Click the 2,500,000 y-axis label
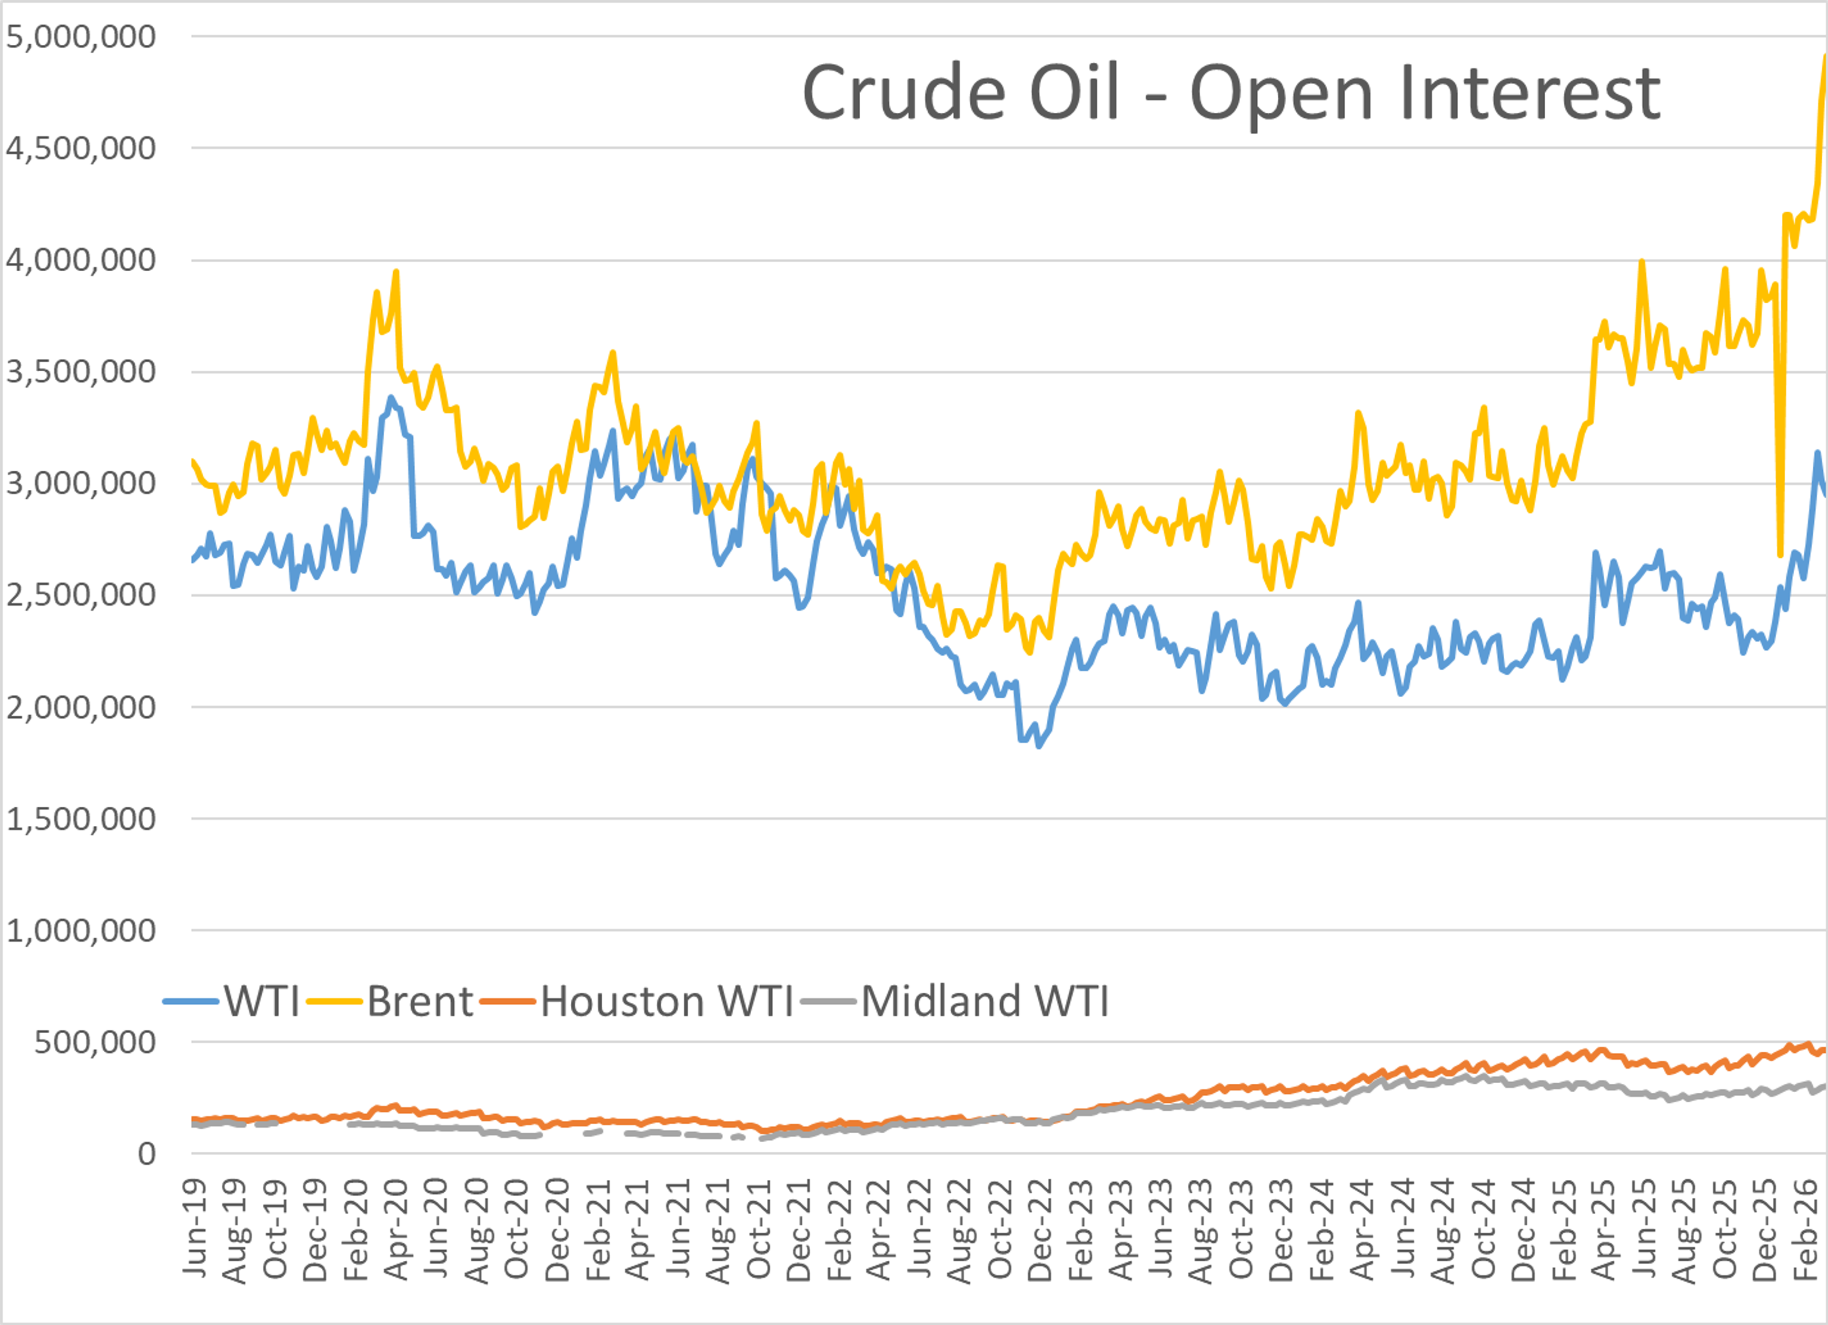click(80, 595)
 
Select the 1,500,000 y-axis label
click(80, 819)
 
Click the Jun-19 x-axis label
click(195, 1228)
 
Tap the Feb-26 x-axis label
click(1806, 1228)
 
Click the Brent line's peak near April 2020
click(396, 272)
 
